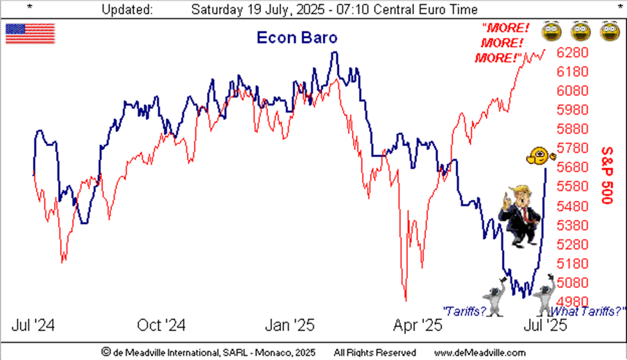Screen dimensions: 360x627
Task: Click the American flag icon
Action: point(30,33)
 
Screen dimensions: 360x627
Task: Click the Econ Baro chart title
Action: point(296,37)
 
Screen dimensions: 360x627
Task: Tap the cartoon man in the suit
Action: point(521,216)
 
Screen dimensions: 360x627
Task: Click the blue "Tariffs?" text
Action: point(464,310)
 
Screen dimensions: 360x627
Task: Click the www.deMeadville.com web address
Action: point(479,352)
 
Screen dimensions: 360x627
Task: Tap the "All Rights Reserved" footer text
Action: point(374,352)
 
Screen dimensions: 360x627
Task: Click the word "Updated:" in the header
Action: point(128,10)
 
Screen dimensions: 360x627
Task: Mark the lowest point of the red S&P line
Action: point(405,299)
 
